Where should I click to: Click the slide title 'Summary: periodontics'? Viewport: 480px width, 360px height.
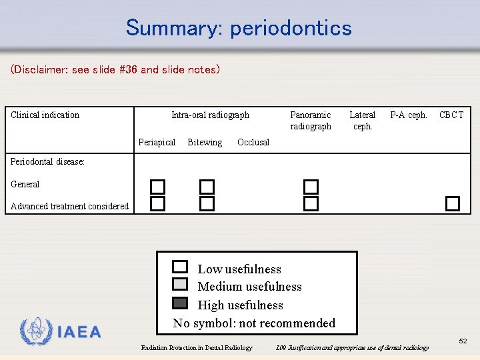tap(239, 28)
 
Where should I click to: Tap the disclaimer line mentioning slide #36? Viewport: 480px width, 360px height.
tap(115, 69)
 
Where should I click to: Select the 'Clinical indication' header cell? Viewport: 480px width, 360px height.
tap(45, 115)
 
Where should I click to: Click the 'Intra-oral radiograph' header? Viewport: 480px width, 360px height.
tap(210, 115)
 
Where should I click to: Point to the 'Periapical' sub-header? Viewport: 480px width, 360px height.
tap(157, 142)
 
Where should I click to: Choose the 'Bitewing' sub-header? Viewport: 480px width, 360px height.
tap(205, 142)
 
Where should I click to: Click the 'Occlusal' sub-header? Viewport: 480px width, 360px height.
tap(253, 142)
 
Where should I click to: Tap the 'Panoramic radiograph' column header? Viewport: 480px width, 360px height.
tap(311, 121)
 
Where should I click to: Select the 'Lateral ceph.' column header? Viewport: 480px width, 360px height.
tap(363, 121)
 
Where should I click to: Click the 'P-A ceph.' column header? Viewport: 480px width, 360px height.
tap(409, 115)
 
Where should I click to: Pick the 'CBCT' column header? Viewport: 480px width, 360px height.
tap(451, 115)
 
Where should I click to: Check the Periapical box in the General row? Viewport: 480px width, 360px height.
tap(157, 187)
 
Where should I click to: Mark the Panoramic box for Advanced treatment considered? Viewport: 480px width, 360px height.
tap(311, 203)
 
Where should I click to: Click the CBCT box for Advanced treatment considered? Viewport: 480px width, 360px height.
tap(453, 203)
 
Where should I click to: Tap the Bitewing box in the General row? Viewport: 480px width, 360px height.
tap(207, 187)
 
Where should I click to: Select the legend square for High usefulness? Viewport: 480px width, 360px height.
tap(180, 303)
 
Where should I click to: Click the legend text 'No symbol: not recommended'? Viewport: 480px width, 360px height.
tap(254, 323)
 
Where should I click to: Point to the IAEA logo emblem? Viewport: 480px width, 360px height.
tap(36, 331)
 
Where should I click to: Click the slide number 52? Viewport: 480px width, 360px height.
tap(463, 341)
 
